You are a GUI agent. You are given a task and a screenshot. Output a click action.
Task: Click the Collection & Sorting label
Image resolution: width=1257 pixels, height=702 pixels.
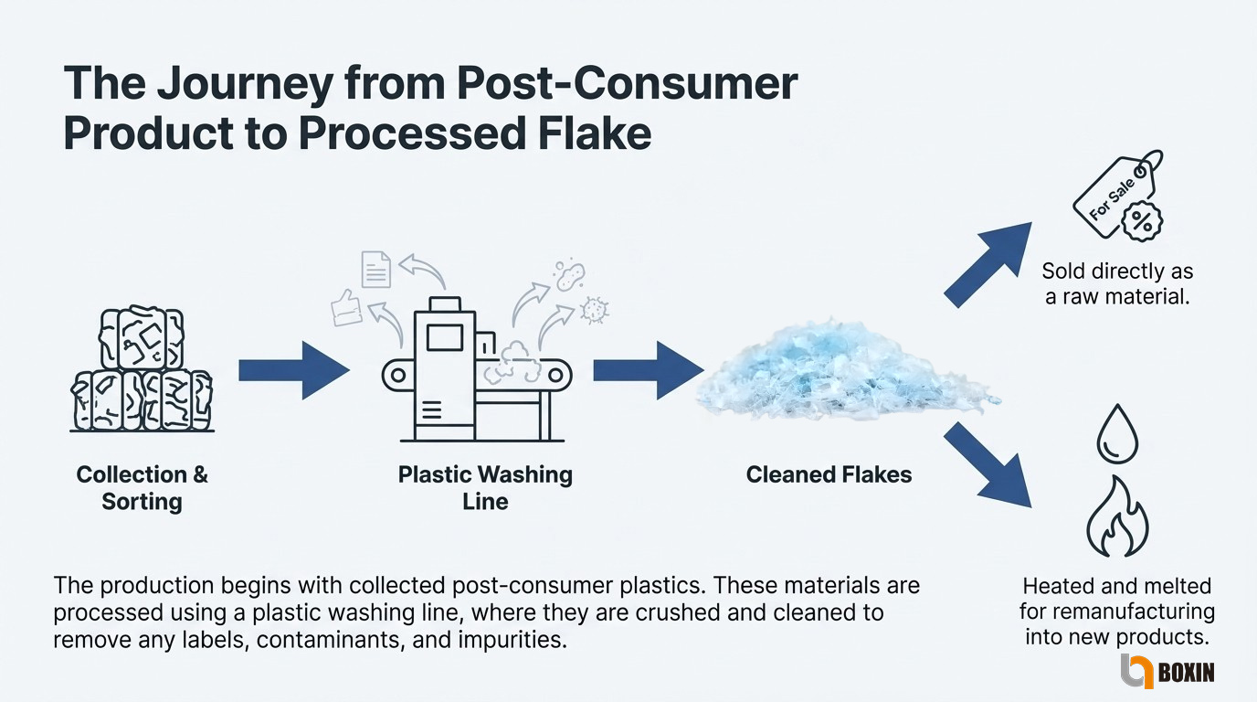point(143,488)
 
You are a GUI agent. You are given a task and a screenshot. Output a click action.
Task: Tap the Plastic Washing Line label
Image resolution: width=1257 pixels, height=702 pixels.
point(485,488)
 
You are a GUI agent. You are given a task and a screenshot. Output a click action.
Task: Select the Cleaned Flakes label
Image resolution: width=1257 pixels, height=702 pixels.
point(829,475)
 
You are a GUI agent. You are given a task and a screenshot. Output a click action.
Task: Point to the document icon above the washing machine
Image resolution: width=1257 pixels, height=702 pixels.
point(376,269)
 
